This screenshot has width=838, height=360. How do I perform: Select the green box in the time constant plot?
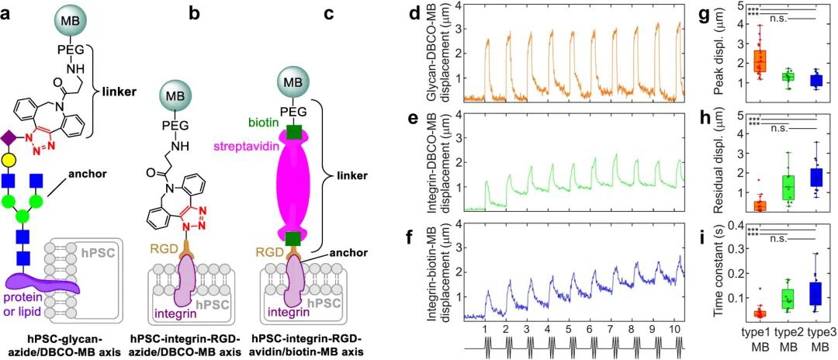784,298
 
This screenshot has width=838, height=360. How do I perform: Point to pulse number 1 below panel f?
485,328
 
